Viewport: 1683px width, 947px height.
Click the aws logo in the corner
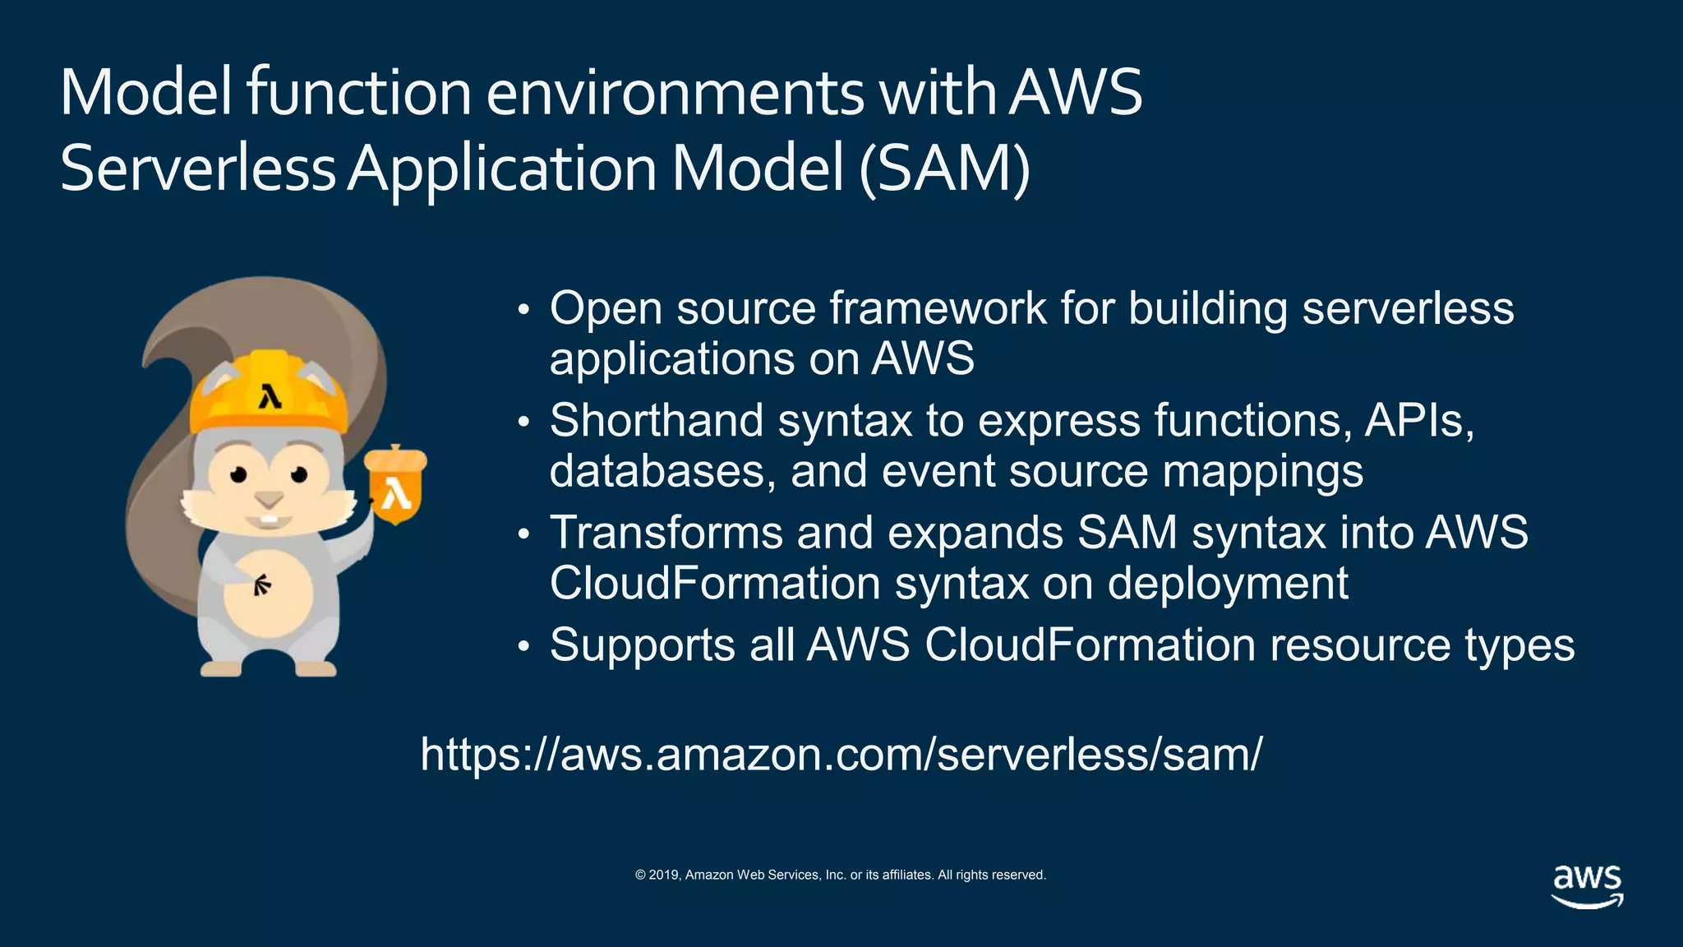pos(1587,885)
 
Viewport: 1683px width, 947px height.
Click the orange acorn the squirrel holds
pos(396,485)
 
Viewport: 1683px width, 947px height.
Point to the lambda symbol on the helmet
pos(270,396)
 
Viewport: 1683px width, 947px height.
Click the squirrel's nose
pos(268,499)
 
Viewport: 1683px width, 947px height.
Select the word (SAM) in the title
pos(944,169)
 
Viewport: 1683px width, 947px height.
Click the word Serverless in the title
pos(197,169)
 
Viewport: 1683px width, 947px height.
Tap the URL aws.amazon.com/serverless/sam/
pos(841,753)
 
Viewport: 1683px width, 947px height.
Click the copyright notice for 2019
pos(840,875)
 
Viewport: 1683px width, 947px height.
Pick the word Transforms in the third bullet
pos(666,532)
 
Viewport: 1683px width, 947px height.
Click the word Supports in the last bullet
pos(642,644)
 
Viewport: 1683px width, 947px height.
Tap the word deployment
pos(1228,584)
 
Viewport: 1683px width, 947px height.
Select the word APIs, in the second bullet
pos(1419,420)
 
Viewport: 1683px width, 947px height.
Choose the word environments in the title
pos(675,92)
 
